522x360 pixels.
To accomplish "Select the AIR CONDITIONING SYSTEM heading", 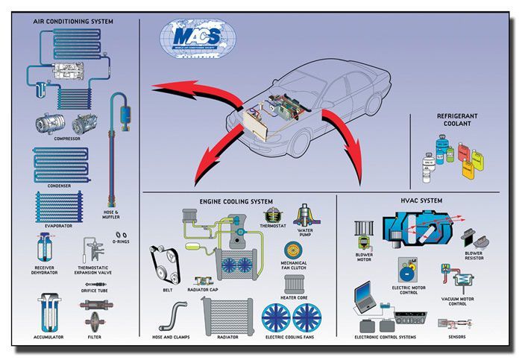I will (73, 22).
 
